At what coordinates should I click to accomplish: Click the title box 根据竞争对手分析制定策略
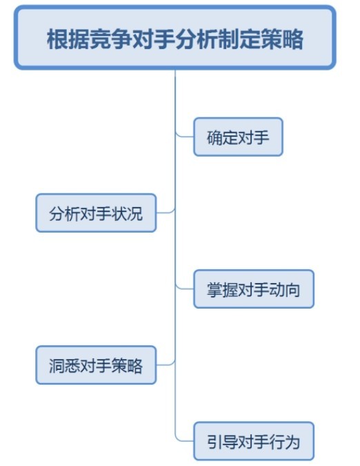point(175,38)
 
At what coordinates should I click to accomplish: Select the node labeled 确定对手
point(238,137)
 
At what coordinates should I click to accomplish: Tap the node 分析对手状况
point(96,213)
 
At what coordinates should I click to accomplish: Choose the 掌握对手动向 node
point(254,289)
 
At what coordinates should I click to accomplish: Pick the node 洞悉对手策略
point(96,365)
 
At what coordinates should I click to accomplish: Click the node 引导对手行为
point(254,441)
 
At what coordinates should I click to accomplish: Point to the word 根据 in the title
point(68,39)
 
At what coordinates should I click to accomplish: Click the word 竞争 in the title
point(111,39)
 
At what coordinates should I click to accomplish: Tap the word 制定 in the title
point(239,39)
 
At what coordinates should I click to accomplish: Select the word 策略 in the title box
point(282,39)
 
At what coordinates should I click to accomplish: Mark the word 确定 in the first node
point(222,137)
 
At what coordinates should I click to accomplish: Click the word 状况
point(127,214)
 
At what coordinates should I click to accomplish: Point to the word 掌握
point(222,290)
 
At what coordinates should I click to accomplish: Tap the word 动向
point(284,290)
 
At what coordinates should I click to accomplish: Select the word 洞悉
point(64,366)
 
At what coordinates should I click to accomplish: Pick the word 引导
point(222,442)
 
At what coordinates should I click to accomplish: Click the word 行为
point(284,442)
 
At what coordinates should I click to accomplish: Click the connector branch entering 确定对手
point(185,137)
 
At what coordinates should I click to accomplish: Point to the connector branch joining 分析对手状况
point(166,213)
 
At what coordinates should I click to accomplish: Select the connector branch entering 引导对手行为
point(185,440)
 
